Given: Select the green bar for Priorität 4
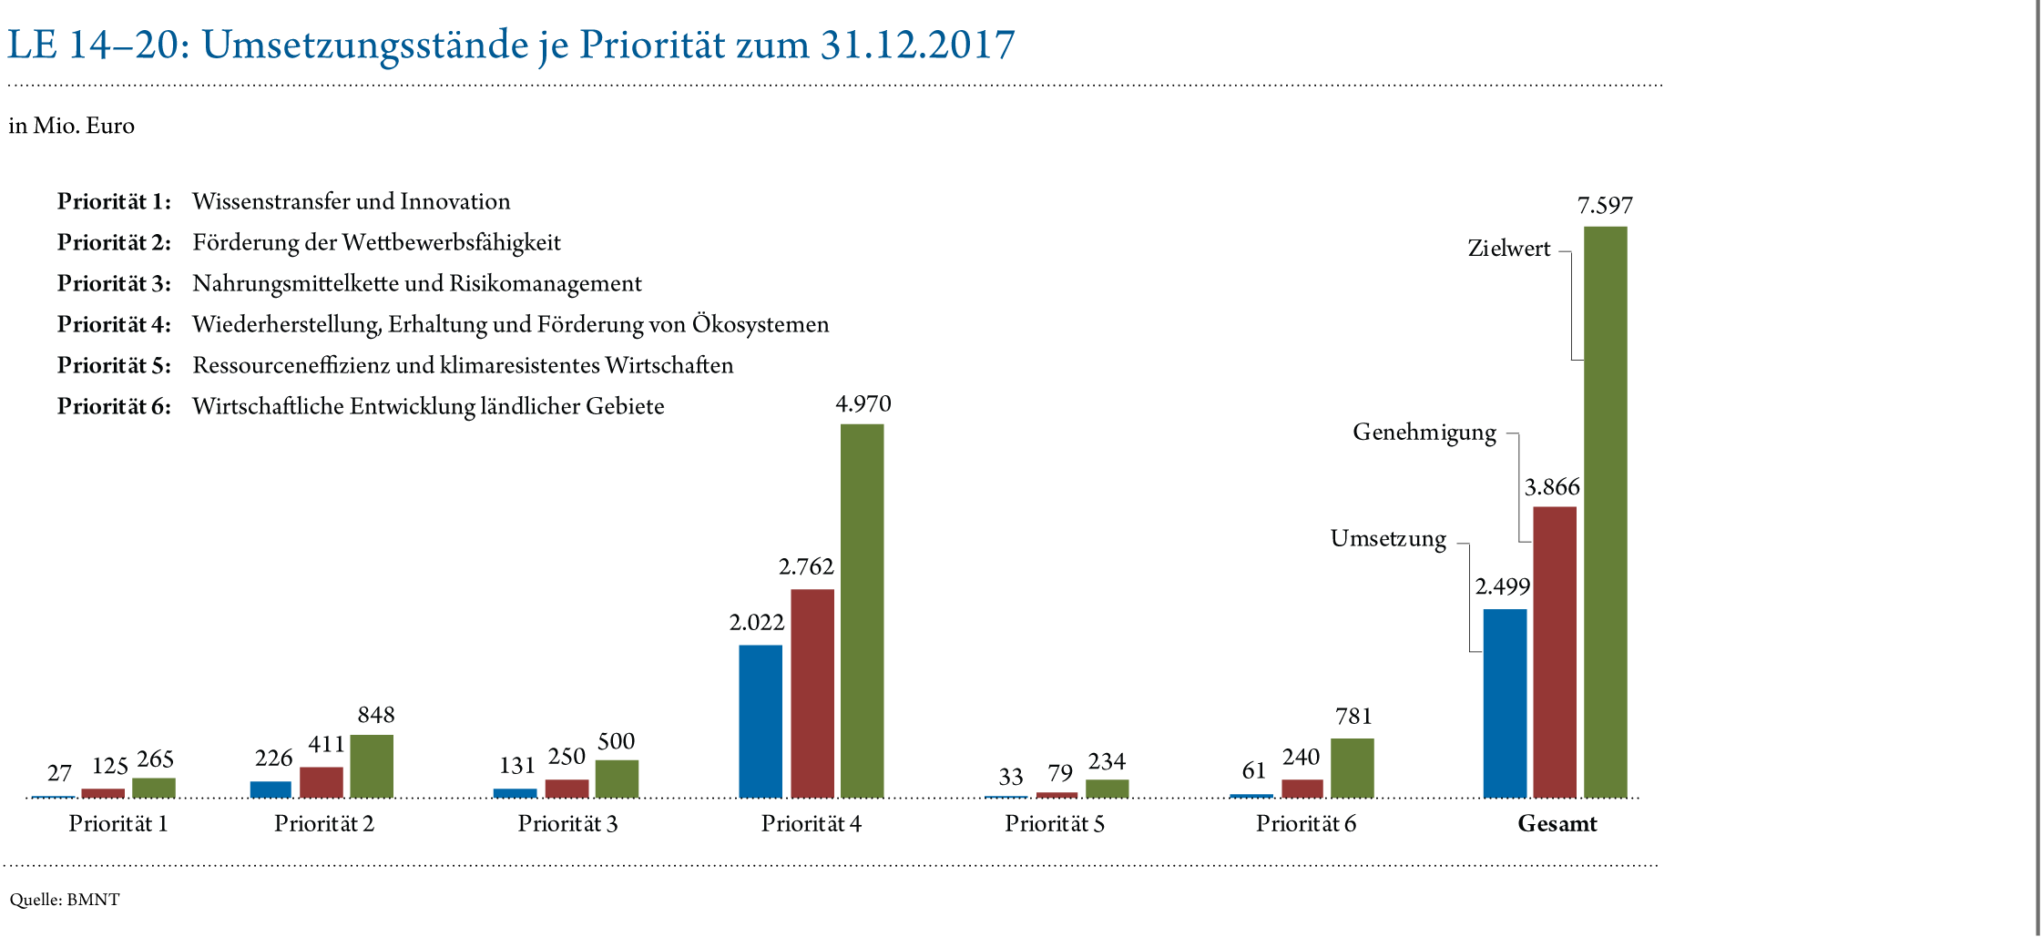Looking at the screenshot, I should (x=862, y=610).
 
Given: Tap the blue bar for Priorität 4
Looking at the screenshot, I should (x=760, y=720).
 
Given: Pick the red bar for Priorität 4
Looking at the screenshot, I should (x=812, y=693).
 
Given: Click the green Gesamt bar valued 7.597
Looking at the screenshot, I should (x=1605, y=511).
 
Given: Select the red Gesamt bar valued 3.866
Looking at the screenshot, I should (x=1554, y=651).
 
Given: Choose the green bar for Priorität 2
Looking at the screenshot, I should (x=372, y=766).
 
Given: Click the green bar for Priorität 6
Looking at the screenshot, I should (x=1352, y=768).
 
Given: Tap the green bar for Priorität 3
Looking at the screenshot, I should (x=617, y=778).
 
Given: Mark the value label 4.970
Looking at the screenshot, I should (x=863, y=404).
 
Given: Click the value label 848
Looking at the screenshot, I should (x=376, y=716).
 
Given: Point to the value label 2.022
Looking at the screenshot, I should (x=756, y=623).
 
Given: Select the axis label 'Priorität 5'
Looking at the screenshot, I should (x=1055, y=824).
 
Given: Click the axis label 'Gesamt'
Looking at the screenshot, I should (x=1557, y=824).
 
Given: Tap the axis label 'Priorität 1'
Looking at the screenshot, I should (x=118, y=824).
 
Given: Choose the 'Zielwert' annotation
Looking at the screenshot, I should (x=1508, y=249).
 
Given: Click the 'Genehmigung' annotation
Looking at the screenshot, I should (x=1424, y=432).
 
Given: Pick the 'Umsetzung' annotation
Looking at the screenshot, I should (x=1388, y=538).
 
